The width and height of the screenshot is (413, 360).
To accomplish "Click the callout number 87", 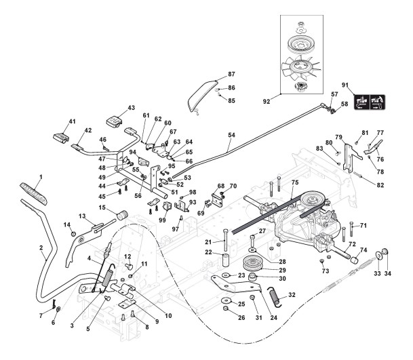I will tap(231, 74).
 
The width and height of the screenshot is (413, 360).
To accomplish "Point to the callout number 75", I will tap(294, 183).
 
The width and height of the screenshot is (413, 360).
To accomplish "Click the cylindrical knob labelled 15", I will tap(123, 216).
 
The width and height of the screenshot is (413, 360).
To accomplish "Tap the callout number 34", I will tap(388, 274).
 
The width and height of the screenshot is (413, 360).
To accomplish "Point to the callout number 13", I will tap(81, 216).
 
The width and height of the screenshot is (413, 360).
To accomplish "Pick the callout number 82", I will tap(380, 185).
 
